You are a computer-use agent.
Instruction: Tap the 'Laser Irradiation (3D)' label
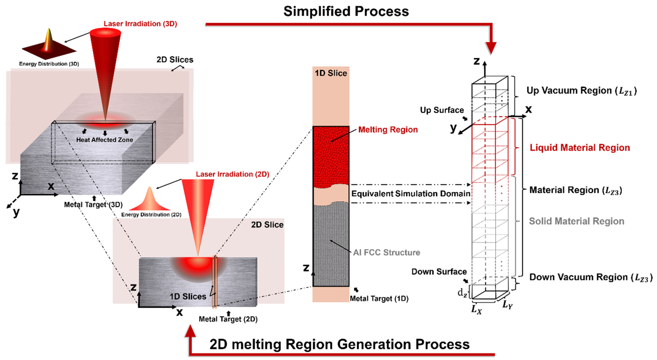point(140,24)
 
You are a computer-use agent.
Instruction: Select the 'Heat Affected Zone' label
point(104,140)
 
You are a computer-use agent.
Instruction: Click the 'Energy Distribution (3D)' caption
point(49,64)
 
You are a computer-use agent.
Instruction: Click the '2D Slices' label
point(175,60)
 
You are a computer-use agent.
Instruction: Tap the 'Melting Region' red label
point(388,130)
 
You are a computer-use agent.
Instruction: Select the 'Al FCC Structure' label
point(386,253)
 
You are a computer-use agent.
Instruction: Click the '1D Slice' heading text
point(331,73)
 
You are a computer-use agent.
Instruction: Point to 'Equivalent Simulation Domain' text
point(411,194)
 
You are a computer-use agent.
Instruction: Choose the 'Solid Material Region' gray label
point(576,221)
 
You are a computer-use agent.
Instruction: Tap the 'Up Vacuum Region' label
point(582,91)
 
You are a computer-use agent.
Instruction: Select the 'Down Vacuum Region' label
point(591,277)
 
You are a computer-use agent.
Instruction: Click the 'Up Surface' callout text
point(442,110)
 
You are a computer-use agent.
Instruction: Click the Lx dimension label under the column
point(476,309)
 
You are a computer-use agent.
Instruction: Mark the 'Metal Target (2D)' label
point(228,319)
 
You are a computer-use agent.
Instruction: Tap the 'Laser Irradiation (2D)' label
point(232,174)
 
